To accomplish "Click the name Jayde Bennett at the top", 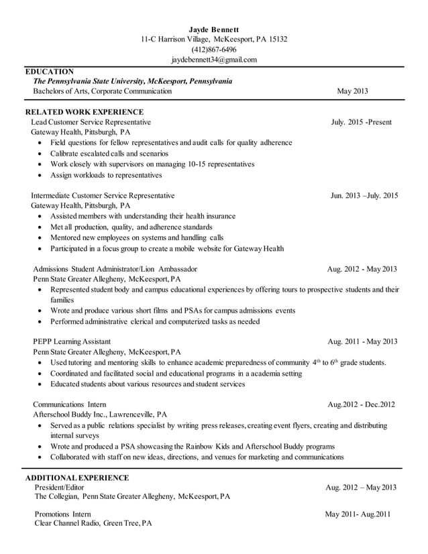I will coord(213,30).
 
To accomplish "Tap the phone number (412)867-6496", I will coord(213,50).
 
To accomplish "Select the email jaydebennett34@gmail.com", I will coord(213,60).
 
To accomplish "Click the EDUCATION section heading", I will coord(49,71).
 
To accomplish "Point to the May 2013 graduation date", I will coord(352,91).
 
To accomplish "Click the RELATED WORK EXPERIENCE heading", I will coord(84,112).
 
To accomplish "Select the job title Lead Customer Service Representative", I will coord(91,122).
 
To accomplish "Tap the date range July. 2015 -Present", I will coord(361,122).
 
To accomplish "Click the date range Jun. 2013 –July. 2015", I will coord(364,195).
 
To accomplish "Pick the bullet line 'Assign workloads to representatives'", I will coord(106,175).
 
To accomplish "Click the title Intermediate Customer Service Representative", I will coord(103,195).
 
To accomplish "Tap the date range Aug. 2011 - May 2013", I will coord(362,341).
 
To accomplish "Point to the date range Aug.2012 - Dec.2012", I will coord(362,404).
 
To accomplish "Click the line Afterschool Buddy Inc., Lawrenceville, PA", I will coord(101,414).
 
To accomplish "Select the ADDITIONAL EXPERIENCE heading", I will coord(76,478).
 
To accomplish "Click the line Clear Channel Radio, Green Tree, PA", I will coord(93,524).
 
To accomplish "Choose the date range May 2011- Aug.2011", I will coord(358,514).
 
